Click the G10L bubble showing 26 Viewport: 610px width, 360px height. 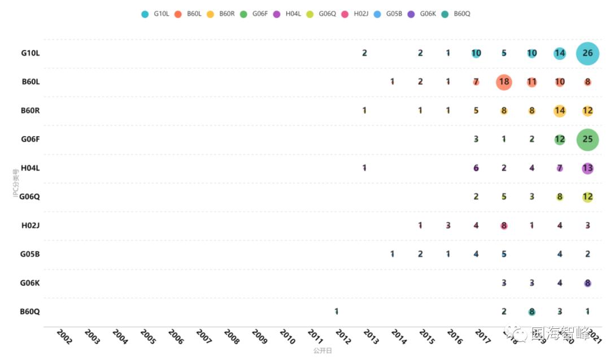tap(587, 54)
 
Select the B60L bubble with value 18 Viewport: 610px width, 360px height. tap(504, 82)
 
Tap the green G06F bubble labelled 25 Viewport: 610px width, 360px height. tap(587, 140)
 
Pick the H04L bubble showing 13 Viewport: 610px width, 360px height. tap(587, 168)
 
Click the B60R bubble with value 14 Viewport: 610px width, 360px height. tap(559, 111)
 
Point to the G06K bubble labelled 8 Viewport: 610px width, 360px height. tap(587, 283)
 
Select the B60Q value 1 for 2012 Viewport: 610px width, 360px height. tap(337, 311)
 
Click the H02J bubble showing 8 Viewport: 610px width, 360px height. tap(504, 225)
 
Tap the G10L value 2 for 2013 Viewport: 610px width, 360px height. tap(364, 53)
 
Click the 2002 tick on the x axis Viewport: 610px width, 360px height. tap(64, 337)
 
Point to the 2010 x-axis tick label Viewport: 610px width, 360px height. tap(287, 337)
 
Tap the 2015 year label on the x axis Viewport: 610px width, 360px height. tap(427, 337)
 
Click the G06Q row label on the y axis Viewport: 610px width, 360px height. tap(29, 197)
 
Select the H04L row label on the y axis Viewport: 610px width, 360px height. tap(30, 168)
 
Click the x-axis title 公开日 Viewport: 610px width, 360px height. tap(323, 351)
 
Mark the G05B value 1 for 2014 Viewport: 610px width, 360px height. tap(392, 254)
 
